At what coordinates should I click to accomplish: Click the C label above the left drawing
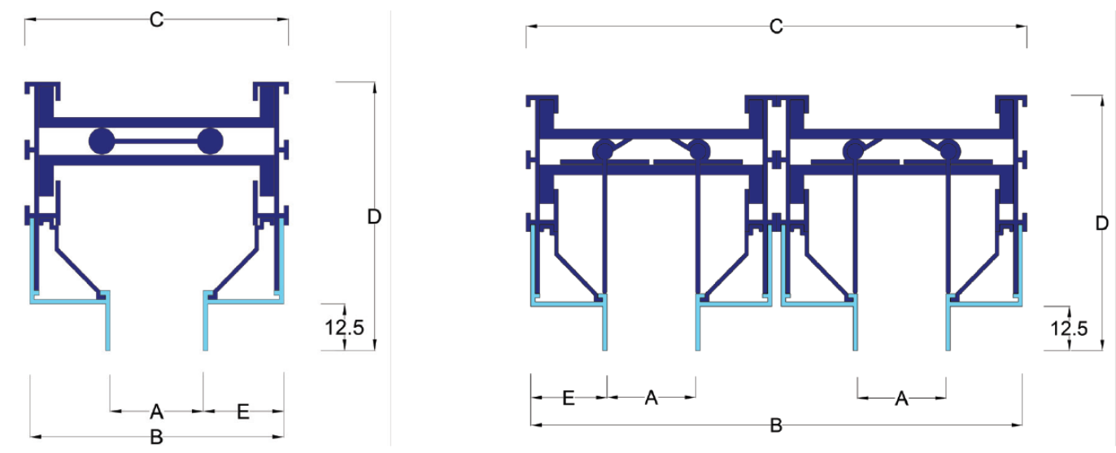[156, 20]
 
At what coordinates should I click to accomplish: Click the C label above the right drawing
[776, 26]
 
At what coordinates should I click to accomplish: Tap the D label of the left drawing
[374, 217]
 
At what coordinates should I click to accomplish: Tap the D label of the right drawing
[1102, 224]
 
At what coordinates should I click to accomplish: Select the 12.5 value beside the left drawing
[344, 328]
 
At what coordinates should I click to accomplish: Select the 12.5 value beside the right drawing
[1069, 329]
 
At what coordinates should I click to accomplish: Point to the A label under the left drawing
[156, 412]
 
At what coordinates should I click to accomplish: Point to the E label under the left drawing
[242, 412]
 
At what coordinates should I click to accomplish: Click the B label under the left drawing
[156, 437]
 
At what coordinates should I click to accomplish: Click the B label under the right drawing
[776, 425]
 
